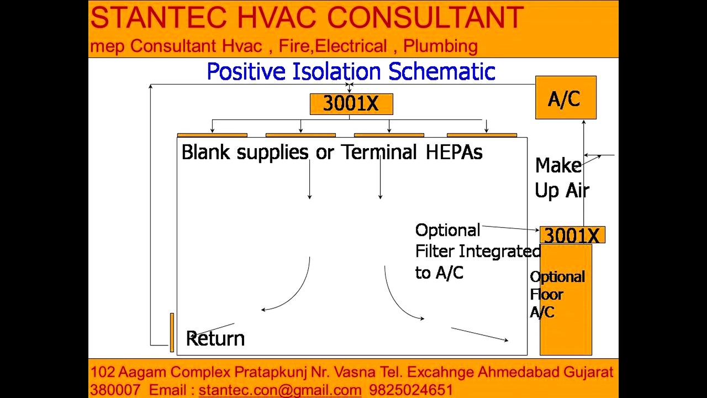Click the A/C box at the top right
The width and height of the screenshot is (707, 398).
(566, 97)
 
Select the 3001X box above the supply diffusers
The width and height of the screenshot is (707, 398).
(351, 104)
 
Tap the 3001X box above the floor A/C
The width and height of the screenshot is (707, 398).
(572, 235)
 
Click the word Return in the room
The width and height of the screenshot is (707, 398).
(215, 338)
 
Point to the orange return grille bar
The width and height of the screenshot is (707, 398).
(172, 332)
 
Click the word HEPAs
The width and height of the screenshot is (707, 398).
(454, 152)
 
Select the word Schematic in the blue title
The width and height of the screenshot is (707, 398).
(441, 71)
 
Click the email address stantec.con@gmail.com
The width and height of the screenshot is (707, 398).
(280, 390)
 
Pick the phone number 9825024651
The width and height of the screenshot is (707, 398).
(411, 390)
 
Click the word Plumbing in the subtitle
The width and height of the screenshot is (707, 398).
(440, 46)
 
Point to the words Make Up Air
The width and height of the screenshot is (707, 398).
(562, 178)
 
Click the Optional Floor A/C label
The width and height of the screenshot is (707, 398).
(557, 295)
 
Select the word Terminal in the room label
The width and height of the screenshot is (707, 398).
(379, 152)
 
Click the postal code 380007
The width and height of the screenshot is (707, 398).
(115, 390)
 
